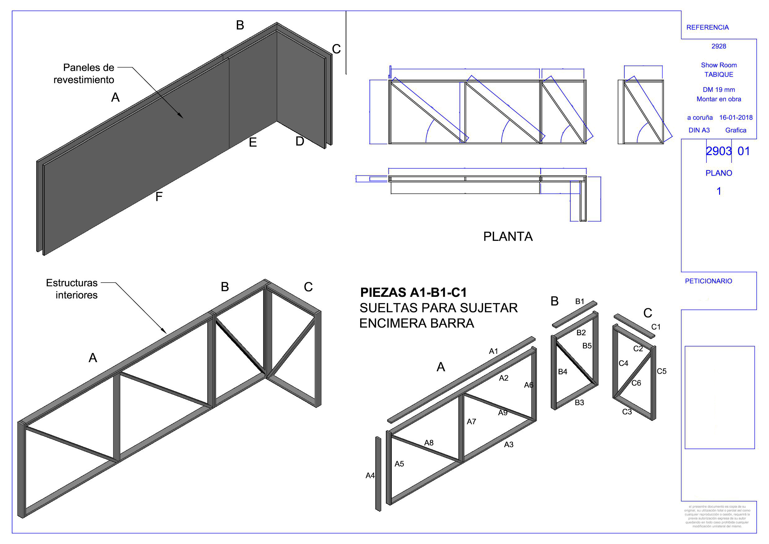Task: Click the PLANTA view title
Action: click(507, 237)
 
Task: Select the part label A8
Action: click(429, 443)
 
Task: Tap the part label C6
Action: click(636, 383)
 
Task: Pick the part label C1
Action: click(656, 327)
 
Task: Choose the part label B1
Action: click(580, 301)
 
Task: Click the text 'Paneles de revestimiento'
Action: click(84, 74)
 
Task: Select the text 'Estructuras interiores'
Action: click(72, 288)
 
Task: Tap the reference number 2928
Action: click(719, 46)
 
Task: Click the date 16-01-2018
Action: click(736, 118)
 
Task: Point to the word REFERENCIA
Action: click(707, 28)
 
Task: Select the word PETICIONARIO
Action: click(708, 281)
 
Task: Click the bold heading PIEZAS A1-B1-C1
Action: click(413, 292)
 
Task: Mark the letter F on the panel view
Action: click(159, 196)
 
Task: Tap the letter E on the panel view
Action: click(253, 142)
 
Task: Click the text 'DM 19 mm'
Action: click(719, 90)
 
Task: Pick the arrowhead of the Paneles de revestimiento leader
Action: click(182, 117)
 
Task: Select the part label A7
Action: click(471, 422)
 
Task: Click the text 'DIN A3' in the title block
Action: click(699, 130)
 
